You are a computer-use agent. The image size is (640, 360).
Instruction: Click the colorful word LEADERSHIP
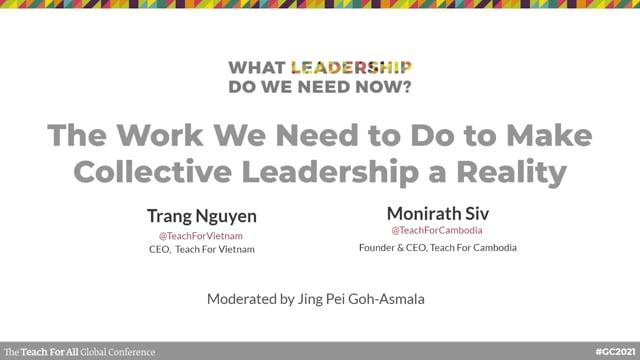click(351, 68)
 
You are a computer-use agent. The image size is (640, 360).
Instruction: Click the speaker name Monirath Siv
click(437, 213)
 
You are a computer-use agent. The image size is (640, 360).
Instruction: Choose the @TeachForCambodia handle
click(437, 230)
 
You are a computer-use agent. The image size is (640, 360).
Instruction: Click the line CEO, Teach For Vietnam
click(194, 249)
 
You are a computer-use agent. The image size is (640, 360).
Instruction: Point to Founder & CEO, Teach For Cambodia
click(437, 246)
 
